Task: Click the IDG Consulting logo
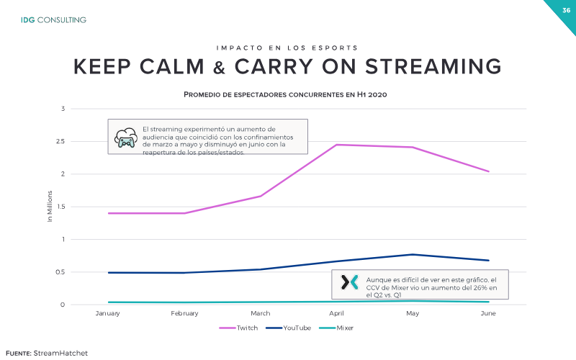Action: pos(53,20)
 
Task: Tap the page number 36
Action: pos(566,10)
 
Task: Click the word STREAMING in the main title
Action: pos(433,66)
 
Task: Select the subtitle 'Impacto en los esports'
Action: pos(287,48)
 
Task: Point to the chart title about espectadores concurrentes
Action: pos(285,94)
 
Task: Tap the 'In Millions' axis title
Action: pos(50,206)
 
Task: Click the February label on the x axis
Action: pos(184,313)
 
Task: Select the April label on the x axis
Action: pos(336,313)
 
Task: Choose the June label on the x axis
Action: pos(488,313)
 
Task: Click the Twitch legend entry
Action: pos(239,328)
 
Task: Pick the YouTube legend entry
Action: pos(289,328)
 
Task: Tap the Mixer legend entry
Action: pos(336,328)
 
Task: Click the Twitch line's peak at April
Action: pos(336,145)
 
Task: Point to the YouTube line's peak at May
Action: pos(413,255)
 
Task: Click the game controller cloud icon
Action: pos(126,138)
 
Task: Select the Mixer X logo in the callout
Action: pos(349,282)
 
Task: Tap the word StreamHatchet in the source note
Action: pos(60,354)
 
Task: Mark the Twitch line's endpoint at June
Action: pos(489,171)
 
